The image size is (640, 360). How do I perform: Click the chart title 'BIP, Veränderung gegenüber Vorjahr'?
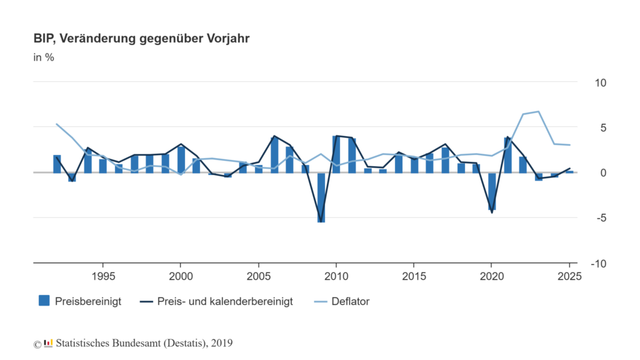point(142,39)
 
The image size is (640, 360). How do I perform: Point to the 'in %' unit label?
point(44,58)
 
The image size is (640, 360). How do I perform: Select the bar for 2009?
point(321,197)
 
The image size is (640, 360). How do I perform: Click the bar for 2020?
point(492,191)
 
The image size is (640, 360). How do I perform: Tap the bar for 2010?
point(336,154)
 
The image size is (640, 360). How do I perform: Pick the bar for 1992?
point(57,164)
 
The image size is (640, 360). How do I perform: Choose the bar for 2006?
point(274,155)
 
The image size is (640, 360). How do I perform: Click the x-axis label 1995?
point(102,276)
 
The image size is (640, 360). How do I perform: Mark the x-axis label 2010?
point(336,276)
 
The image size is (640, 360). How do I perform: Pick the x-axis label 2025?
point(569,276)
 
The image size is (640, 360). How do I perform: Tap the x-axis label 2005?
point(258,276)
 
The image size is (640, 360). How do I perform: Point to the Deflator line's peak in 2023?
point(538,112)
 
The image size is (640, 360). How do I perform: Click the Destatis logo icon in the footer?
point(48,342)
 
